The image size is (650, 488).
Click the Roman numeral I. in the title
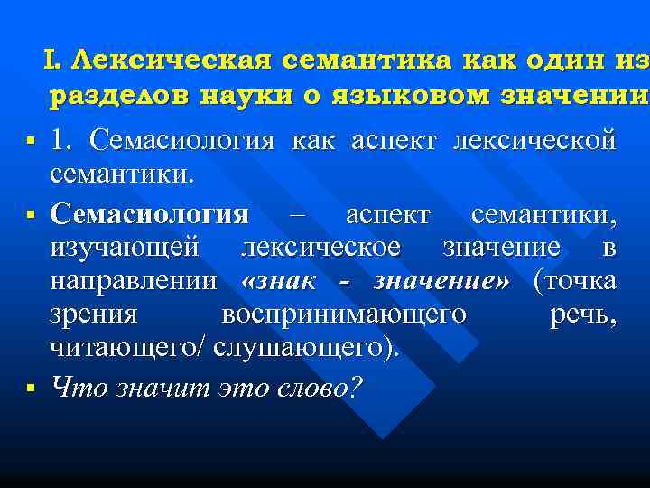coord(51,61)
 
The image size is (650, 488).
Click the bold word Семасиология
coord(149,215)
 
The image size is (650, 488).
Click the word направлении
coord(134,281)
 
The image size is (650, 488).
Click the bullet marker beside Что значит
coord(31,388)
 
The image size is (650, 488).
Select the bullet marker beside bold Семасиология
coord(31,216)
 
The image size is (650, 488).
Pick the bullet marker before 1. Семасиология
coord(31,142)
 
